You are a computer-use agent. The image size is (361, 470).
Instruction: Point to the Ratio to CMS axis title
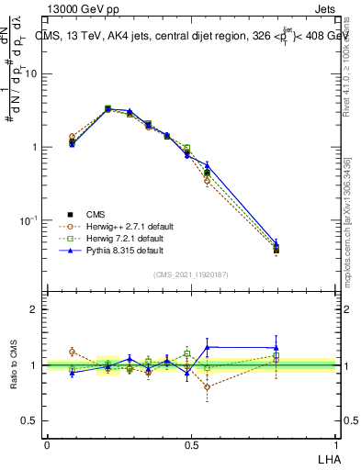(x=13, y=364)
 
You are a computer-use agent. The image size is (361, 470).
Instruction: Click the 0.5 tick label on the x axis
(x=191, y=444)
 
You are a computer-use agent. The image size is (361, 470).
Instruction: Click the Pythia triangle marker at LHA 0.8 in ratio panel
(x=276, y=348)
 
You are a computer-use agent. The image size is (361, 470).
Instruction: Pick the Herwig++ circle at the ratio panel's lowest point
(x=208, y=386)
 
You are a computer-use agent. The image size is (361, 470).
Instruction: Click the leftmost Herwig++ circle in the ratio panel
(x=72, y=352)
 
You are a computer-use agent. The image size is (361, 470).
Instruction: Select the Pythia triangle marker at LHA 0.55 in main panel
(x=208, y=166)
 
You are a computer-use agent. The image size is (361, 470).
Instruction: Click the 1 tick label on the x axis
(x=335, y=444)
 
